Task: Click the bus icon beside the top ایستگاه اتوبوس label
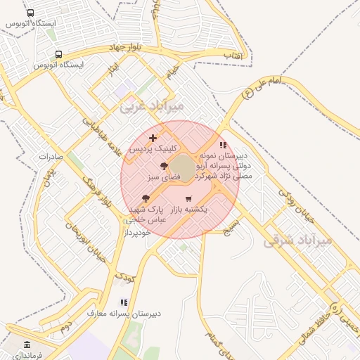(x=30, y=13)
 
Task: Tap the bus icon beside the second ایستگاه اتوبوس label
(x=58, y=53)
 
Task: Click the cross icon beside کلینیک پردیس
(x=153, y=137)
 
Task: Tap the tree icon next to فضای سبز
(x=164, y=167)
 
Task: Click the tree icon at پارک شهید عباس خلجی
(x=146, y=199)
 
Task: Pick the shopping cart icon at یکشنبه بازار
(x=188, y=198)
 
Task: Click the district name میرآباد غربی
(x=152, y=105)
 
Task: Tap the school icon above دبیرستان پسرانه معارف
(x=124, y=302)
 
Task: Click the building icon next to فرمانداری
(x=27, y=345)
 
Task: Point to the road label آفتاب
(x=233, y=54)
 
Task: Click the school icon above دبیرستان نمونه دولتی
(x=224, y=145)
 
